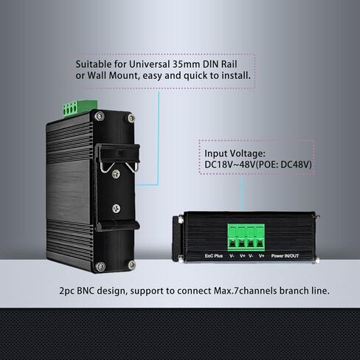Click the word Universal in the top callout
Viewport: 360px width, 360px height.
pyautogui.click(x=150, y=64)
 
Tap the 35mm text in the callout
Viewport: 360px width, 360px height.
pyautogui.click(x=186, y=64)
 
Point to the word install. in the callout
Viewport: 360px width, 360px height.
pyautogui.click(x=236, y=75)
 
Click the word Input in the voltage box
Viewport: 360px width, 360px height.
pyautogui.click(x=216, y=154)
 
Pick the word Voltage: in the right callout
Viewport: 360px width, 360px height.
pyautogui.click(x=247, y=153)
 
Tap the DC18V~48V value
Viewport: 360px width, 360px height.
pyautogui.click(x=230, y=165)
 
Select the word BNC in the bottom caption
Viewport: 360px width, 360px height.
pyautogui.click(x=86, y=291)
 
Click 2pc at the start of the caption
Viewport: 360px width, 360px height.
pyautogui.click(x=66, y=291)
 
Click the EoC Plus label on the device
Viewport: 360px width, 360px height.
pyautogui.click(x=214, y=256)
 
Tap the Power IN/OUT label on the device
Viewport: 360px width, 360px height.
pyautogui.click(x=285, y=256)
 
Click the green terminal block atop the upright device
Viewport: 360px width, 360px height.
pyautogui.click(x=80, y=108)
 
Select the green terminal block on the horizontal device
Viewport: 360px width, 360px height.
pyautogui.click(x=246, y=237)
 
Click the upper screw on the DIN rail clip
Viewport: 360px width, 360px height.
pyautogui.click(x=116, y=174)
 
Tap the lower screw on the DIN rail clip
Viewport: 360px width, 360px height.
pyautogui.click(x=117, y=209)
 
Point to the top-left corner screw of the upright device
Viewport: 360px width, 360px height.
pyautogui.click(x=100, y=116)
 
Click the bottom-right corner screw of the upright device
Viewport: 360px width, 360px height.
pyautogui.click(x=132, y=265)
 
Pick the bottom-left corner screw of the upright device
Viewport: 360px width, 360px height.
pyautogui.click(x=100, y=266)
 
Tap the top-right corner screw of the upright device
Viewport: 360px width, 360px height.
pyautogui.click(x=131, y=118)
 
